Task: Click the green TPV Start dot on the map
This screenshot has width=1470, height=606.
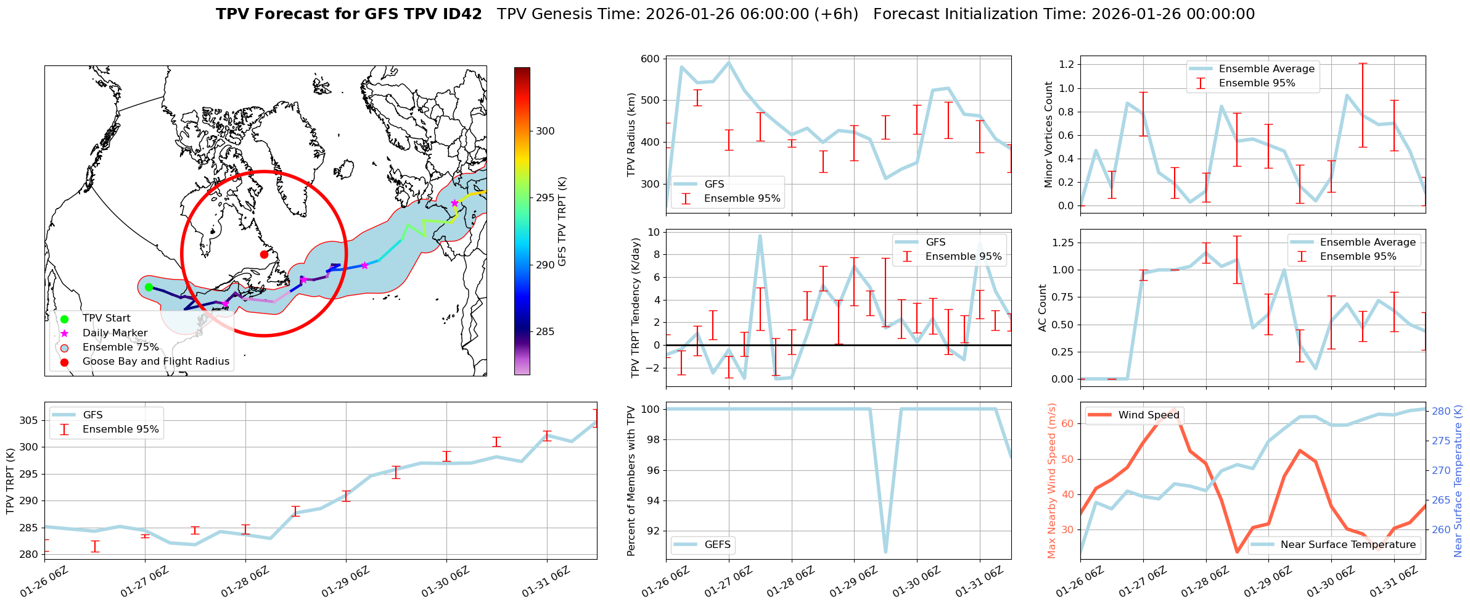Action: point(149,287)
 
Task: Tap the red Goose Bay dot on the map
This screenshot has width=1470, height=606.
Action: point(264,254)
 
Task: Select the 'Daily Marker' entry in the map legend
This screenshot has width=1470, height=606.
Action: point(115,333)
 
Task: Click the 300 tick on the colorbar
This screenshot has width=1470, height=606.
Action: point(545,131)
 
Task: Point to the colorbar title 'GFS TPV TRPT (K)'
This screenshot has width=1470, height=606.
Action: point(562,222)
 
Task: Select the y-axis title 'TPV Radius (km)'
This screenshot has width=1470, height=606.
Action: point(631,135)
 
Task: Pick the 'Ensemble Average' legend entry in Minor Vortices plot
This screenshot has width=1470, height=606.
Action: point(1267,69)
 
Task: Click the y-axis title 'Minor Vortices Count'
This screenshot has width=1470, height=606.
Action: point(1048,135)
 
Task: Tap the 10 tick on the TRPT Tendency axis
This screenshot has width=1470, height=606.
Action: point(654,233)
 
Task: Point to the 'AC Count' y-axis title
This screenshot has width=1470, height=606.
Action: point(1043,308)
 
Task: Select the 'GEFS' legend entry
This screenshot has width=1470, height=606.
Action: point(717,545)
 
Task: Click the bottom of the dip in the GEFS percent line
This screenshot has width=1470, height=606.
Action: point(885,552)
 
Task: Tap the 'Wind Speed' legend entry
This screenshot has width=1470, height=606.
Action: point(1148,415)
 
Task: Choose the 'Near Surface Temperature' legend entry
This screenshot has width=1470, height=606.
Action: point(1348,545)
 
